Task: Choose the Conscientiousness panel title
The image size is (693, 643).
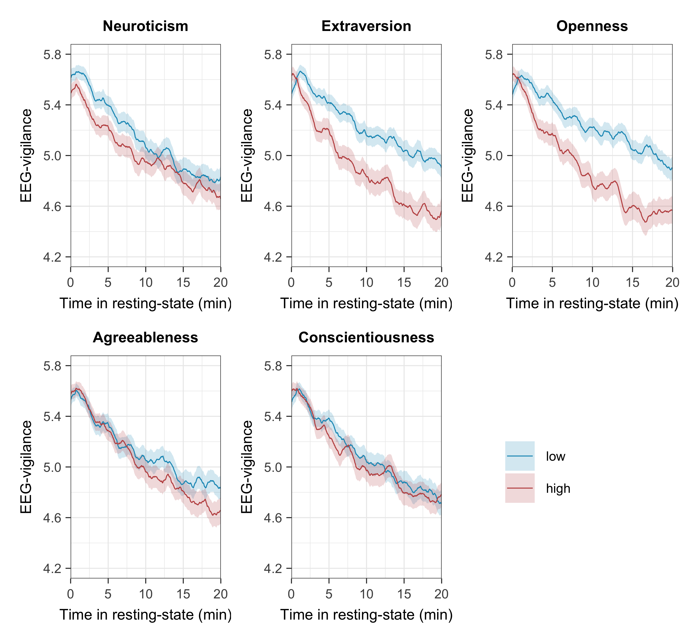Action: click(366, 337)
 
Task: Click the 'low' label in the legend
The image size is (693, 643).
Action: click(555, 456)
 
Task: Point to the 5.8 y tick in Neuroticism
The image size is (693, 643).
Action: click(52, 55)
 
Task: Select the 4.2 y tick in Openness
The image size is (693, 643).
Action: click(494, 257)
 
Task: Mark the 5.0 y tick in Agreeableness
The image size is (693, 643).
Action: click(52, 467)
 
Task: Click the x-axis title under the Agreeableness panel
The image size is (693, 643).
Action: click(146, 615)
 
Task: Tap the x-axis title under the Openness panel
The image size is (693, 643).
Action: click(592, 303)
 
